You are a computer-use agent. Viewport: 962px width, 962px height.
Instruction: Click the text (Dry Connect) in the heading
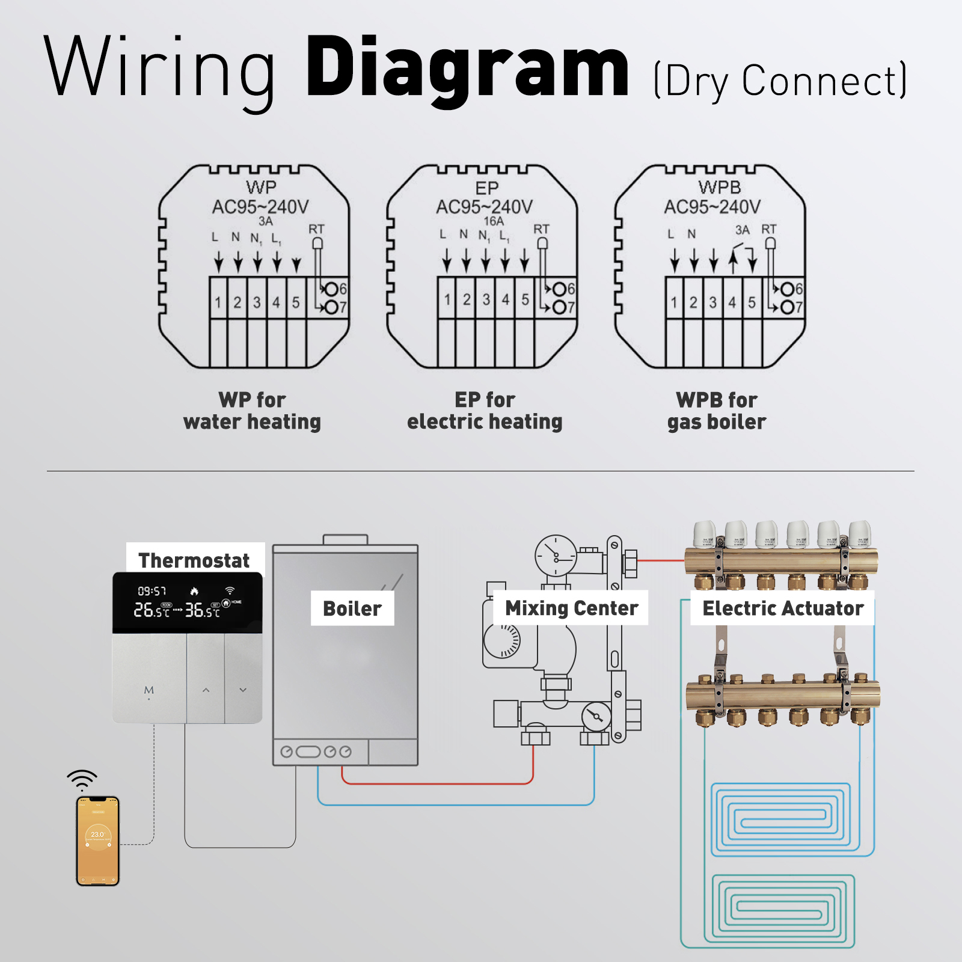click(x=780, y=81)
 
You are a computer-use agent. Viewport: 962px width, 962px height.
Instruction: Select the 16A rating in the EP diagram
click(x=494, y=221)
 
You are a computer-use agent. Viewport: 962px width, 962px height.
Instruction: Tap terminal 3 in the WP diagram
click(x=257, y=302)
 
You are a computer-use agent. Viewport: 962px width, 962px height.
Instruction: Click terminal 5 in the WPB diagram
click(x=752, y=302)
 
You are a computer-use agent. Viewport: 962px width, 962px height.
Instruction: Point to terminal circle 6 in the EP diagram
click(x=560, y=289)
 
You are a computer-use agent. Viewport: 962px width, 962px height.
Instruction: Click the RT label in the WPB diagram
click(x=768, y=230)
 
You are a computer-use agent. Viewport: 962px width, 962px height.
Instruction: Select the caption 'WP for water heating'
click(x=252, y=411)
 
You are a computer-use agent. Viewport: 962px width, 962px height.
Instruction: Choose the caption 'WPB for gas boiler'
click(x=717, y=411)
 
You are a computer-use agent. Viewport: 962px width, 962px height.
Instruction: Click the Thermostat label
click(x=194, y=560)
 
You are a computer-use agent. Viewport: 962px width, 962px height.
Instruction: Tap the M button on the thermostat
click(x=149, y=690)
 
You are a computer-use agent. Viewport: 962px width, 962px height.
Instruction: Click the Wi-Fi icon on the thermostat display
click(x=230, y=590)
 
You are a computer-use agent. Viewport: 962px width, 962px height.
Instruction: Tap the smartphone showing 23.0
click(x=98, y=841)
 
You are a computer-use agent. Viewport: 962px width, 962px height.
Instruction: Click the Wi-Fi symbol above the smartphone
click(x=82, y=779)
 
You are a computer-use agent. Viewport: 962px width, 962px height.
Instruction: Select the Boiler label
click(x=352, y=608)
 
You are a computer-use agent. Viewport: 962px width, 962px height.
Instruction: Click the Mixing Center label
click(x=571, y=608)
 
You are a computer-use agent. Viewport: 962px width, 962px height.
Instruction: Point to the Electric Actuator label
click(x=782, y=608)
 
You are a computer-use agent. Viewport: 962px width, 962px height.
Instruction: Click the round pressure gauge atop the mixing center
click(x=556, y=556)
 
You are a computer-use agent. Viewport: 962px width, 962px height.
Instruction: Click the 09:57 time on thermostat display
click(x=152, y=591)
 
